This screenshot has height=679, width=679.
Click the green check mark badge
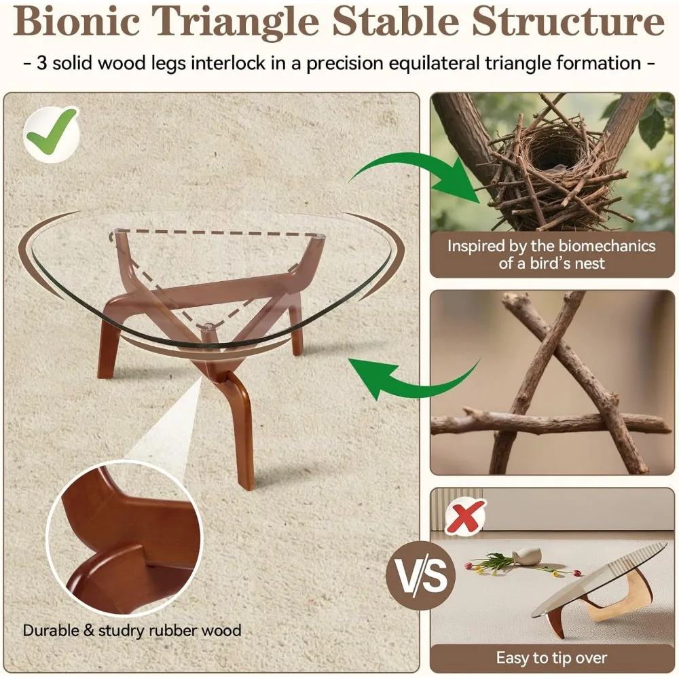[52, 130]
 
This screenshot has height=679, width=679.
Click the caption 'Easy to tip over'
[551, 657]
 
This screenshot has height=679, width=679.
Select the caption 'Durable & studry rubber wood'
[132, 630]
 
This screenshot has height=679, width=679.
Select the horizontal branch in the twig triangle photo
[550, 424]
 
